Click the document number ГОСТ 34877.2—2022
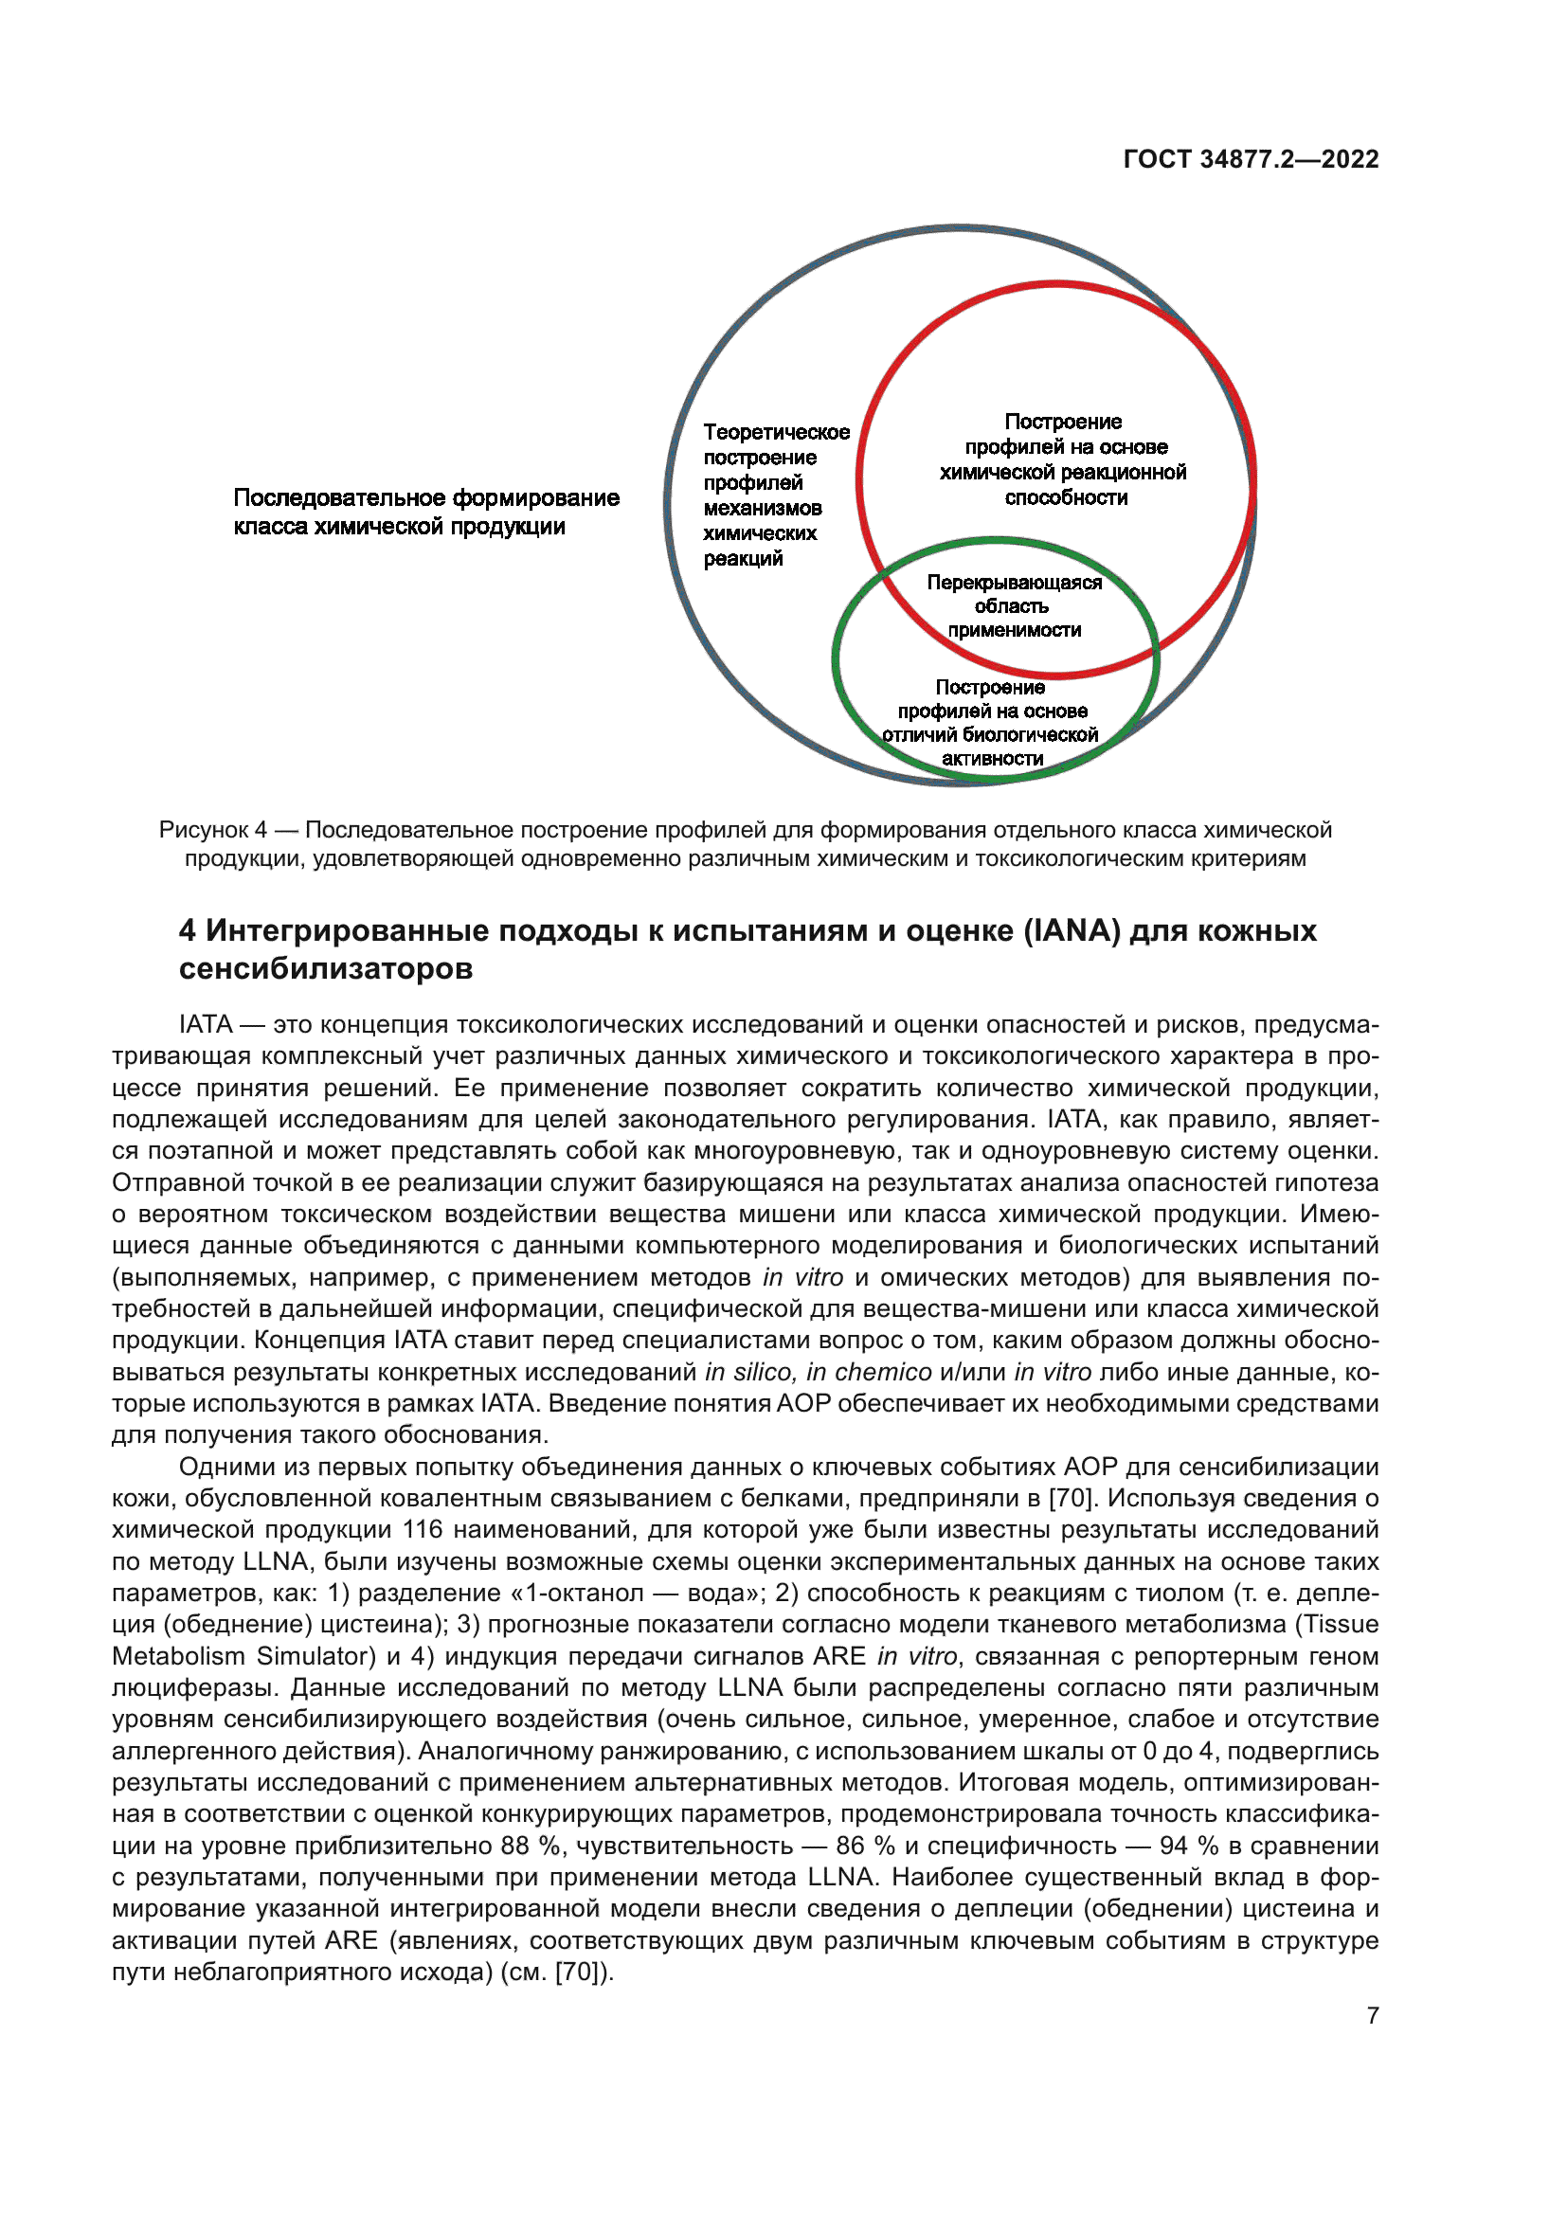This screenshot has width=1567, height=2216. tap(1251, 159)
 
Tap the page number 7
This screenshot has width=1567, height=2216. tap(1372, 2015)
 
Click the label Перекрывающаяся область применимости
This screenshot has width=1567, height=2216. tap(1013, 606)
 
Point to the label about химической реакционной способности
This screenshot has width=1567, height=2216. tap(1064, 459)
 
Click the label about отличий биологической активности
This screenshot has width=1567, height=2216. tap(991, 723)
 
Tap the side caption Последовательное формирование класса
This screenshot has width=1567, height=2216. tap(425, 512)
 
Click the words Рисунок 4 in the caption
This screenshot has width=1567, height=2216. tap(212, 830)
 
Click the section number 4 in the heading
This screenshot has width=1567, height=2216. tap(188, 930)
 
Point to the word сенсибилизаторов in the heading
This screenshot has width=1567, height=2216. tap(325, 968)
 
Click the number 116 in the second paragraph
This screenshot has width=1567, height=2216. tap(423, 1530)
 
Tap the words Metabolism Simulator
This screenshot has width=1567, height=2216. tap(243, 1656)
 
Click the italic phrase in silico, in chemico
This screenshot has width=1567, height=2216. tap(819, 1372)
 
